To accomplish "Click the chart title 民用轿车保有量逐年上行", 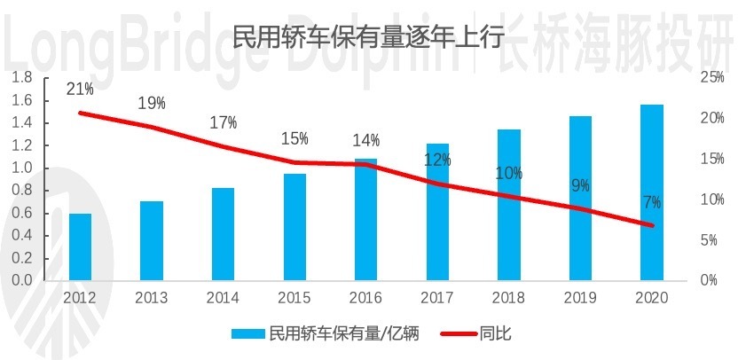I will pyautogui.click(x=368, y=37).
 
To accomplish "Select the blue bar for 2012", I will pyautogui.click(x=81, y=247).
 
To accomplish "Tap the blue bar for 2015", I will pyautogui.click(x=294, y=226).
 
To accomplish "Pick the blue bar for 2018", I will pyautogui.click(x=508, y=204).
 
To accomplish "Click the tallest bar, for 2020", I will pyautogui.click(x=652, y=192).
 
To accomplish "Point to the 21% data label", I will pyautogui.click(x=80, y=89).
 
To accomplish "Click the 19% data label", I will pyautogui.click(x=152, y=103).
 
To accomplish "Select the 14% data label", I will pyautogui.click(x=365, y=140).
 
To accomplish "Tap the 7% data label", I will pyautogui.click(x=652, y=202).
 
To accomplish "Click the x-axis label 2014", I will pyautogui.click(x=223, y=298).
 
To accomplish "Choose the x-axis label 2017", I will pyautogui.click(x=437, y=298).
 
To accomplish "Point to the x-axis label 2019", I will pyautogui.click(x=580, y=298).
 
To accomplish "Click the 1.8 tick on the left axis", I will pyautogui.click(x=23, y=78).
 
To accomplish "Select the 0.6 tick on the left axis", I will pyautogui.click(x=23, y=213).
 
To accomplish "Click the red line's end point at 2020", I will pyautogui.click(x=652, y=225).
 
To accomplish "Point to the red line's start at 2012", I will pyautogui.click(x=81, y=113).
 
